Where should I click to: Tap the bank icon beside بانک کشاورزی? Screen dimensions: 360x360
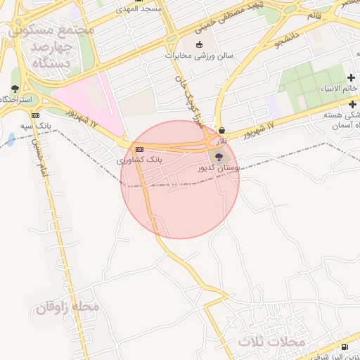139,149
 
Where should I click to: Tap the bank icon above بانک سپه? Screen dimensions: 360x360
36,115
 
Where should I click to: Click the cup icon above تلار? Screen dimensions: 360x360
222,130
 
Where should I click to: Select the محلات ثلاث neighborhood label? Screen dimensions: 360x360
272,342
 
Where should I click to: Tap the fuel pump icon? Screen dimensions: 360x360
344,347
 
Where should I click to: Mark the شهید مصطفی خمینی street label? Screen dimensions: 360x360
232,15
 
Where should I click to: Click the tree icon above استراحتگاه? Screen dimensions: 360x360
15,89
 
